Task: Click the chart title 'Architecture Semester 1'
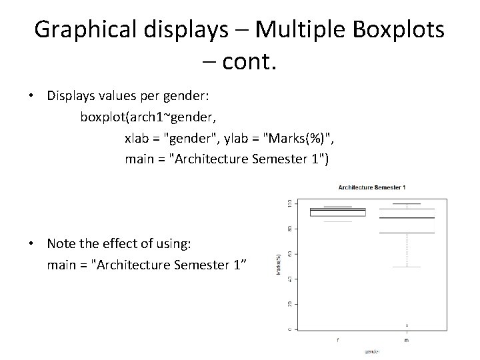(372, 188)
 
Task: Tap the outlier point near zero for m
(407, 325)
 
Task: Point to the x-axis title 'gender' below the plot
(372, 350)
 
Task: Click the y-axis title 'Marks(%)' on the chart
(277, 265)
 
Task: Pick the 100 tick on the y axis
(288, 203)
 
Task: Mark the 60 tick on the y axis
(288, 253)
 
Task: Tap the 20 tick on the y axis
(288, 304)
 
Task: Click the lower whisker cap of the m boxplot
(407, 267)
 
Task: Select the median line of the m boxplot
(407, 218)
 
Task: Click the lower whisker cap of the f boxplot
(337, 222)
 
